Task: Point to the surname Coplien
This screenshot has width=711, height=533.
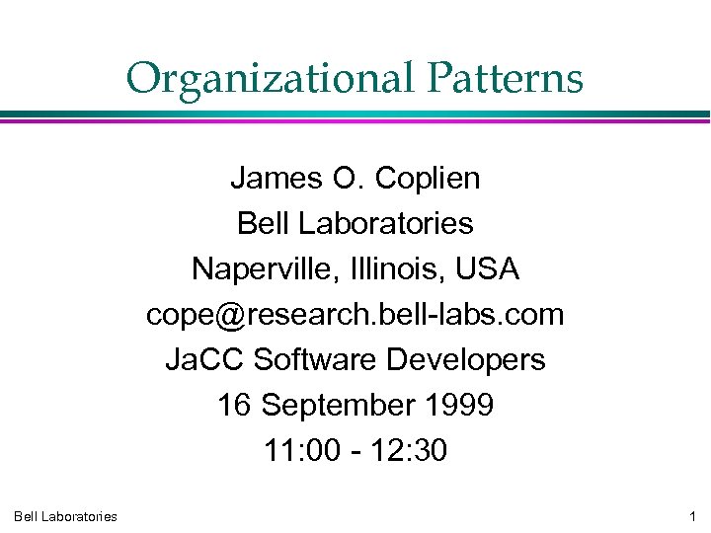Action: (428, 179)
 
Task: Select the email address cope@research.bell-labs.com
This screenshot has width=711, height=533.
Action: (355, 315)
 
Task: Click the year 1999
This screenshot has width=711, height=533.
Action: (459, 406)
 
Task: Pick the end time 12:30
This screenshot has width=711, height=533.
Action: (410, 451)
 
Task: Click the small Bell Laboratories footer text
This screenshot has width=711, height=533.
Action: (65, 516)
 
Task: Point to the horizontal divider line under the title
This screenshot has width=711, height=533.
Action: (355, 116)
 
